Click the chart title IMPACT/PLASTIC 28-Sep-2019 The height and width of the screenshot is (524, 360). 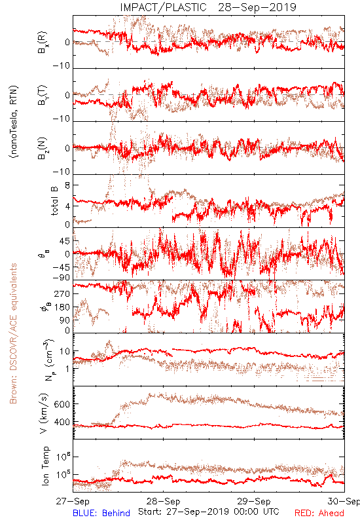click(x=208, y=7)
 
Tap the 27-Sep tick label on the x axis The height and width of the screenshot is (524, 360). click(x=73, y=501)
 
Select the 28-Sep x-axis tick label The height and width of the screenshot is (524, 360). click(x=163, y=501)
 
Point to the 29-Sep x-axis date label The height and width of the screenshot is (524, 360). click(x=254, y=501)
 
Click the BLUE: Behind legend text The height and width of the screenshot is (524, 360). click(x=101, y=513)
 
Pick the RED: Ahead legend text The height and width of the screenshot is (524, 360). click(x=319, y=513)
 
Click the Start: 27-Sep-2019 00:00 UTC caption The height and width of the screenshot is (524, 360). click(x=209, y=512)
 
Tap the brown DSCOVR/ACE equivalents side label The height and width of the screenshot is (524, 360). click(x=13, y=333)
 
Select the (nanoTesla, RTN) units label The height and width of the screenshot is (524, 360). click(x=14, y=122)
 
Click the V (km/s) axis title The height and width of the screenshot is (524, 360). click(x=44, y=413)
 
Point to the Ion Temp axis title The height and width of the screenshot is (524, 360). click(x=45, y=466)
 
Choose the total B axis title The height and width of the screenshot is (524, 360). click(x=54, y=201)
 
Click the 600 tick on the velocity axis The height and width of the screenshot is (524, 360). click(x=62, y=404)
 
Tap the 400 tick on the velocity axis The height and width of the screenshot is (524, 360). click(x=62, y=422)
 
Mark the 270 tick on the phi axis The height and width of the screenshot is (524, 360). click(x=62, y=293)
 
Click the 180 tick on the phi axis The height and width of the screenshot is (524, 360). click(x=62, y=307)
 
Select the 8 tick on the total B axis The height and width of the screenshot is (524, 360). click(x=67, y=185)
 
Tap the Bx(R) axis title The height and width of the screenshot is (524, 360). click(x=43, y=43)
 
